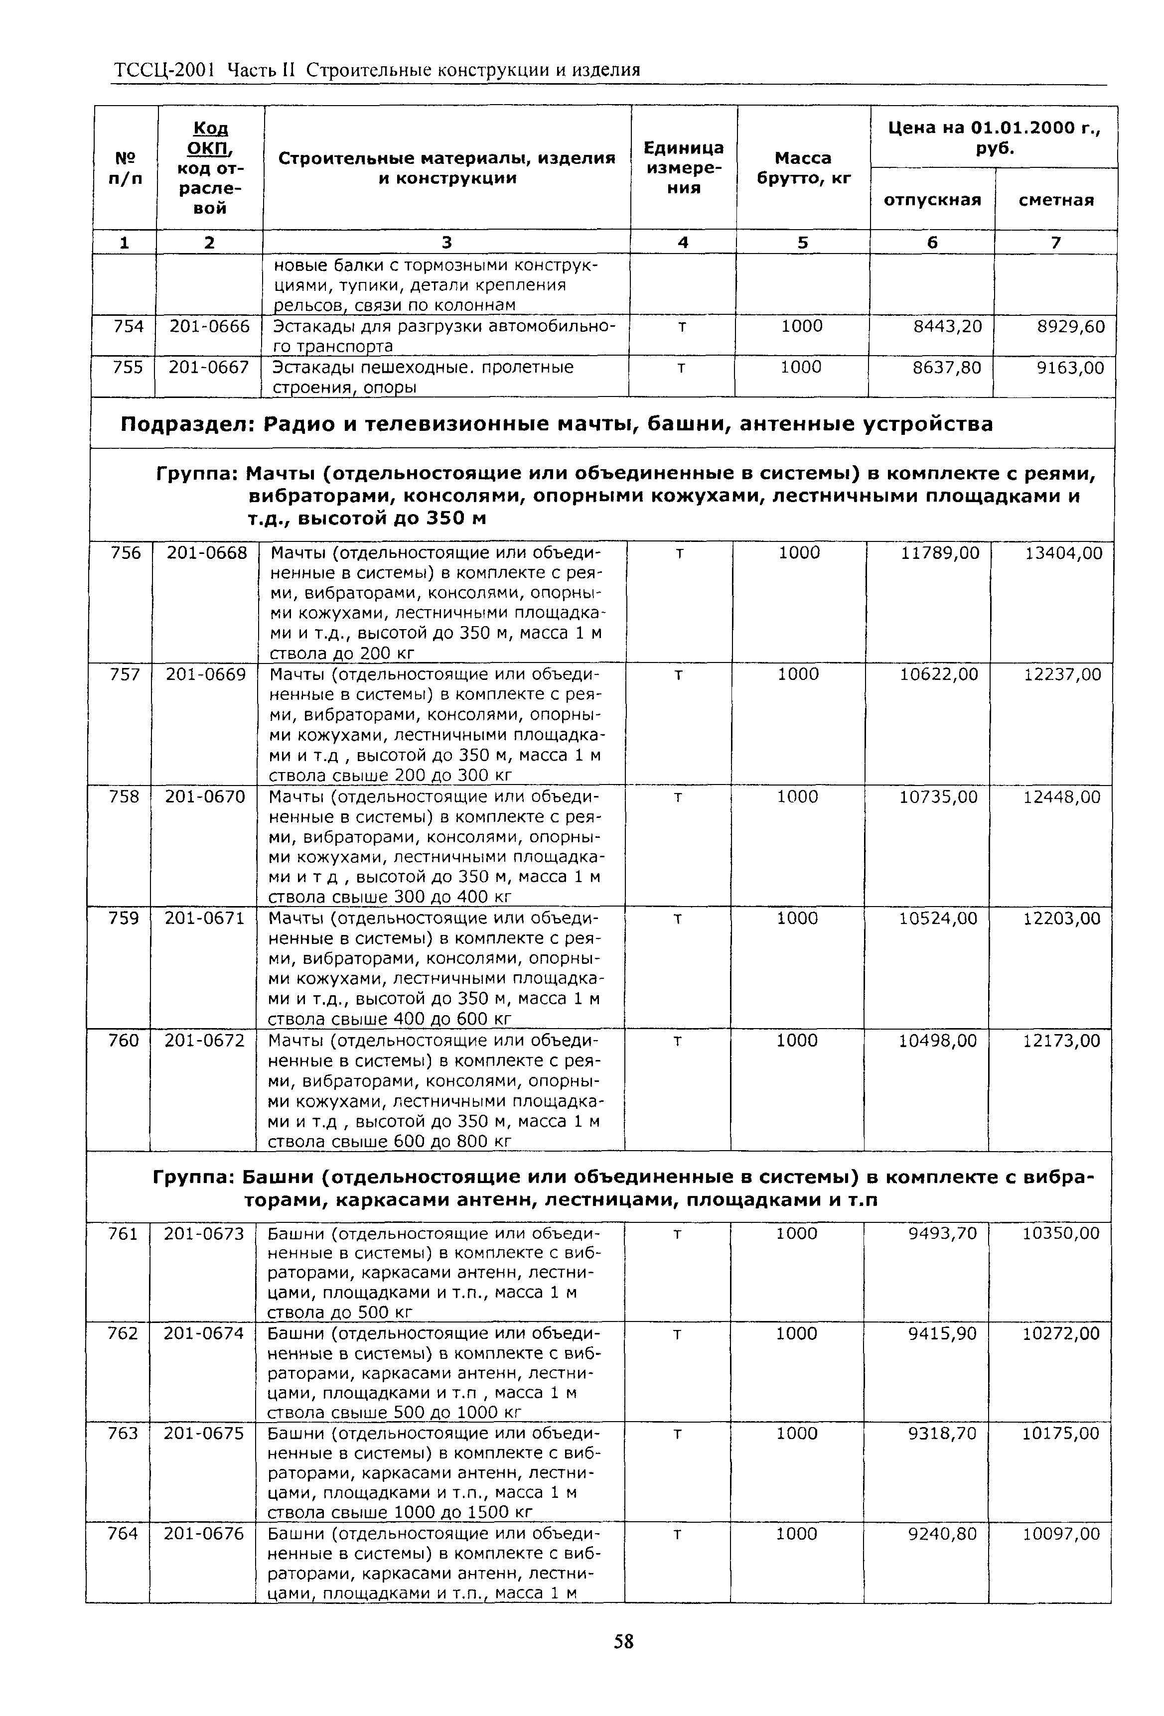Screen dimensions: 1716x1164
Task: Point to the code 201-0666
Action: (x=210, y=326)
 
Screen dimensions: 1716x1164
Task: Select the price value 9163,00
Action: (x=1070, y=368)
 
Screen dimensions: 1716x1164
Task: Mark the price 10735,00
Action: (x=938, y=796)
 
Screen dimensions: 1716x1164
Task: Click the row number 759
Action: (x=124, y=919)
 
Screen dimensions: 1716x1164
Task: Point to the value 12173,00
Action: (x=1061, y=1041)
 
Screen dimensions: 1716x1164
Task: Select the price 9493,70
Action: (x=942, y=1234)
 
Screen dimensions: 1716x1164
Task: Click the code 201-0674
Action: (x=203, y=1333)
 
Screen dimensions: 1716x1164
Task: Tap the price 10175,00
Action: (x=1060, y=1433)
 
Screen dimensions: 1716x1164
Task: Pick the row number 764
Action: (x=123, y=1534)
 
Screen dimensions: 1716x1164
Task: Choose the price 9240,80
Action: (x=942, y=1534)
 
